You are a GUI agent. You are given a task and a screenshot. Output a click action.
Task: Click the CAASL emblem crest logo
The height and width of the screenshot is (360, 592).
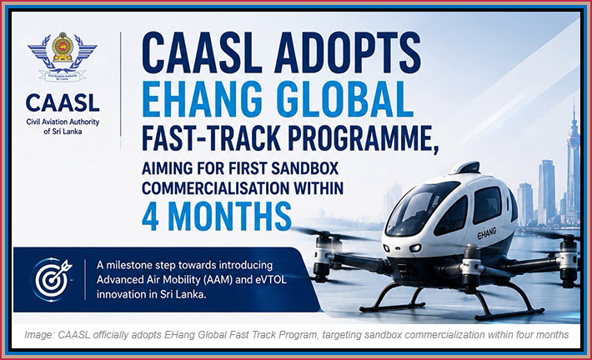63,57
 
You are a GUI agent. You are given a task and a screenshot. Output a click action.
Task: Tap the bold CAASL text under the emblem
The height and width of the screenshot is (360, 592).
63,102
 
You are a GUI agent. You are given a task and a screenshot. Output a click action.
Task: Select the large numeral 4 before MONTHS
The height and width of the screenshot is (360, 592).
150,216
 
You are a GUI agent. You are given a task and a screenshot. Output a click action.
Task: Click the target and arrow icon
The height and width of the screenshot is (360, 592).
52,279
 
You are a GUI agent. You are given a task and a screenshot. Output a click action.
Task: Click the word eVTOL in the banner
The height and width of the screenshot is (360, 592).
272,280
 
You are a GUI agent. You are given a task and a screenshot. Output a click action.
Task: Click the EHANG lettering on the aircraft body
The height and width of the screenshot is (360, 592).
487,233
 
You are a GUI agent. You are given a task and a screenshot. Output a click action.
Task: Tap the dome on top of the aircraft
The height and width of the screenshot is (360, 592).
465,167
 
